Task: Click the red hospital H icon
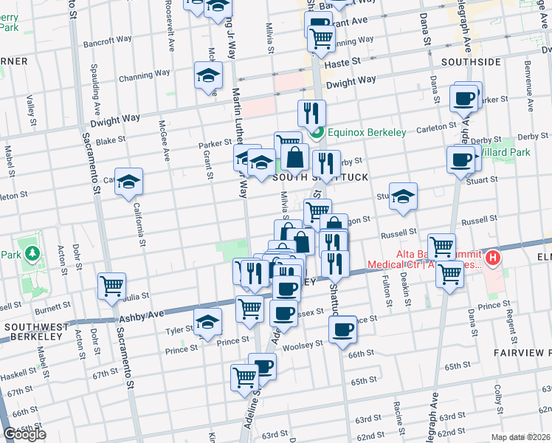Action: pos(492,260)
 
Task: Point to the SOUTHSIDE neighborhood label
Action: pos(471,61)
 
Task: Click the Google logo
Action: pos(24,434)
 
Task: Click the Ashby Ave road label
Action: pos(140,315)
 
